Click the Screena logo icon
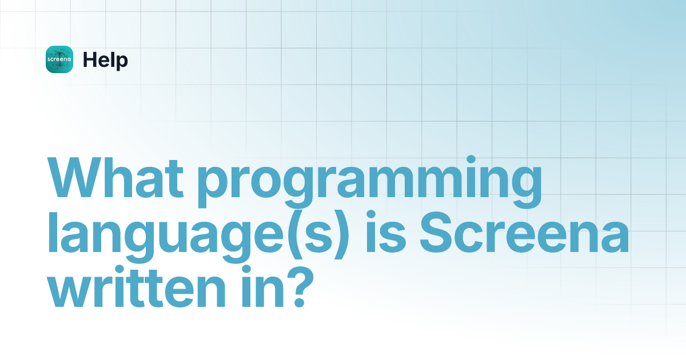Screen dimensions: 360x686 pos(59,59)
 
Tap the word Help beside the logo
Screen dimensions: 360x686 pos(105,59)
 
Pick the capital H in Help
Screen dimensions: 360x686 pos(89,59)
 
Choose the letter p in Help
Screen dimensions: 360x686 pos(122,62)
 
